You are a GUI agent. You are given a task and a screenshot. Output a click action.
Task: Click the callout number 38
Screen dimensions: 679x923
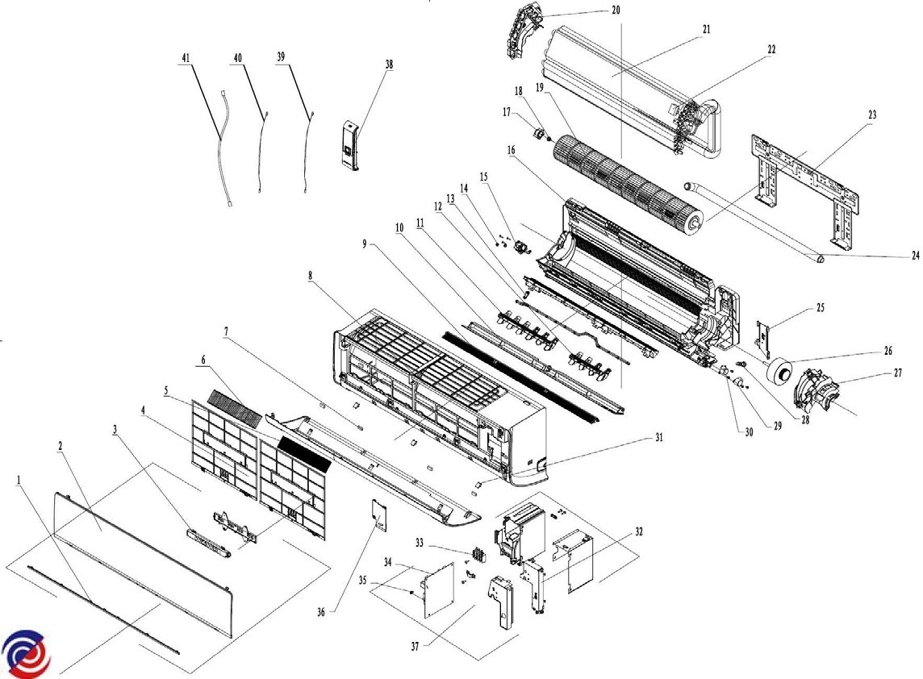pos(390,65)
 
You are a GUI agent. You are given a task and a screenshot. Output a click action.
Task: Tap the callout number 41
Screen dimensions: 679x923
pos(186,59)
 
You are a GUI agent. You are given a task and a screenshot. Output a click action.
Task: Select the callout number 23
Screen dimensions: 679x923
pos(871,115)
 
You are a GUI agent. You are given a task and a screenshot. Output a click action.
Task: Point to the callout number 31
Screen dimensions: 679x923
pos(658,438)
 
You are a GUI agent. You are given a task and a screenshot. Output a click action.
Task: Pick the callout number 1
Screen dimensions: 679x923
pos(19,479)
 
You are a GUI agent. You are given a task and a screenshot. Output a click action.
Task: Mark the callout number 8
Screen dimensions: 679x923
pos(310,276)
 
